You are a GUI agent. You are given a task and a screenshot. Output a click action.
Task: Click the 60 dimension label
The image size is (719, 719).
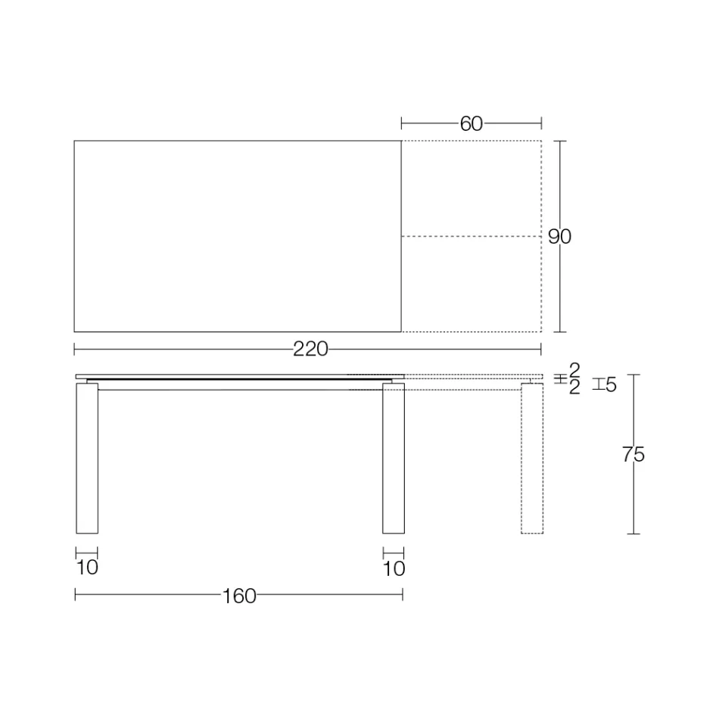[471, 123]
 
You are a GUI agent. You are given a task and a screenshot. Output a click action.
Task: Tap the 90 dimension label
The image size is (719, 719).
[559, 237]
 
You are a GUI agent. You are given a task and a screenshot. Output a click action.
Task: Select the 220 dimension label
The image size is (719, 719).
[310, 349]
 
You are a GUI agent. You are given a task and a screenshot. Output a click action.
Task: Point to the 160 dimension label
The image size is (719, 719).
[239, 596]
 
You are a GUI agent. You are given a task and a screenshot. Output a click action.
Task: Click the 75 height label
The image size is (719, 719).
[633, 455]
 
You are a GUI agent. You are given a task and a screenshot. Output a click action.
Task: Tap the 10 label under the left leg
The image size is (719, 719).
[88, 568]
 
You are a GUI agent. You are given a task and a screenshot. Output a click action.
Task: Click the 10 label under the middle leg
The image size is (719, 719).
[394, 568]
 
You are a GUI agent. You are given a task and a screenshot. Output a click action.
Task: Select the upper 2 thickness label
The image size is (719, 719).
[574, 370]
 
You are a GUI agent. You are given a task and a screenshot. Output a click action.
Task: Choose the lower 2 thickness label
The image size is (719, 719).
[574, 388]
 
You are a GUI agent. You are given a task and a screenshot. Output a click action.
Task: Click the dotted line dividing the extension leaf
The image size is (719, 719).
[471, 237]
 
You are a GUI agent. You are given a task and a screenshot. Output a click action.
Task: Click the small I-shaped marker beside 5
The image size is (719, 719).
[598, 384]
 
